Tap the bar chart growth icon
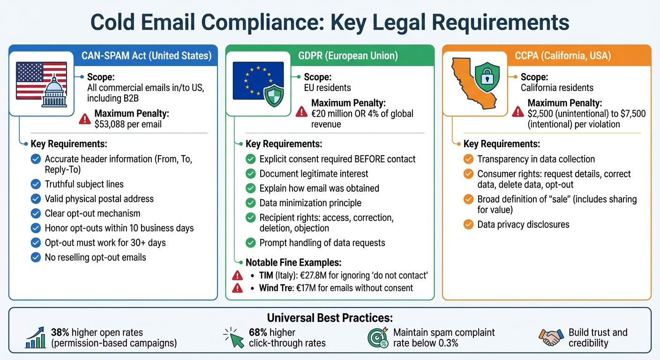point(35,337)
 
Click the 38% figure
point(60,332)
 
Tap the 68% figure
point(258,332)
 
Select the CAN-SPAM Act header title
point(146,56)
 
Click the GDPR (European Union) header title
point(348,56)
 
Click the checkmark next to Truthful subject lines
point(36,184)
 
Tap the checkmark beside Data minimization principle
point(251,203)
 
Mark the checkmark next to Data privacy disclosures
point(468,225)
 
